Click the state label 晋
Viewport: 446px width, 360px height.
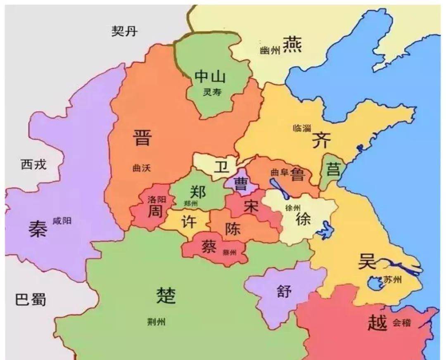pyautogui.click(x=142, y=137)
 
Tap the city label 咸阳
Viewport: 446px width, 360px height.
pyautogui.click(x=62, y=221)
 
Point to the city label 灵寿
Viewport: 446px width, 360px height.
pyautogui.click(x=212, y=92)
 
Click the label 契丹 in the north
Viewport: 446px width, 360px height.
pyautogui.click(x=124, y=31)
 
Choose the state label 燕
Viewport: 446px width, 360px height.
pyautogui.click(x=292, y=44)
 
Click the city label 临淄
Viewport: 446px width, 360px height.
pyautogui.click(x=301, y=128)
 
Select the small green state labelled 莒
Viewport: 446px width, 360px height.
pyautogui.click(x=333, y=169)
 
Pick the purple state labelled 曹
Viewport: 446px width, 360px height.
pyautogui.click(x=240, y=183)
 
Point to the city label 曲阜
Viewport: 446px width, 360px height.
pyautogui.click(x=279, y=172)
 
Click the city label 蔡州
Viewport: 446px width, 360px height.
pyautogui.click(x=229, y=253)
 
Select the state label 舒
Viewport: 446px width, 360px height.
pyautogui.click(x=284, y=292)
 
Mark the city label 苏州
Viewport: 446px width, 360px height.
pyautogui.click(x=392, y=280)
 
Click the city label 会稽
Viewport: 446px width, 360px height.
pyautogui.click(x=401, y=323)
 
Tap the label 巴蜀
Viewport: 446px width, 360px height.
pyautogui.click(x=31, y=299)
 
